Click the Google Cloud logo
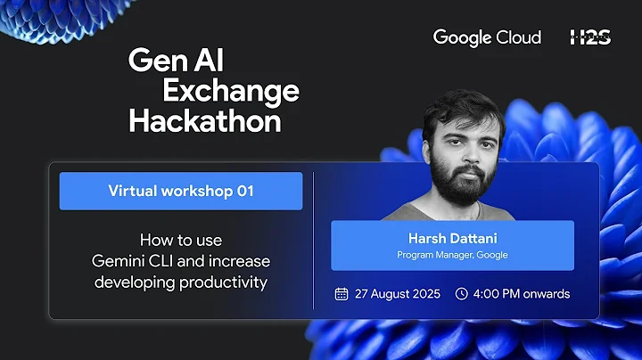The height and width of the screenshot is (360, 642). tap(487, 37)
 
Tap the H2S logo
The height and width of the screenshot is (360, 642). tap(589, 37)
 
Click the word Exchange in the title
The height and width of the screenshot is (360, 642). tap(230, 90)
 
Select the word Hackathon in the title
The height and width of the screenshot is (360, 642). tap(204, 120)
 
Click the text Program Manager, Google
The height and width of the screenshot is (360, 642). tap(452, 256)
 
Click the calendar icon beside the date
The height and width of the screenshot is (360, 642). tap(341, 294)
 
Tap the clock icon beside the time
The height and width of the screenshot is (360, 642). tap(461, 294)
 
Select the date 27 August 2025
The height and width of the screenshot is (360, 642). tap(398, 294)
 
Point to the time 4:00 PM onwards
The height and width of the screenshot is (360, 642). tap(523, 294)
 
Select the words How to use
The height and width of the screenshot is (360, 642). tap(181, 240)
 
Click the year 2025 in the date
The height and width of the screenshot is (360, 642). tap(424, 294)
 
